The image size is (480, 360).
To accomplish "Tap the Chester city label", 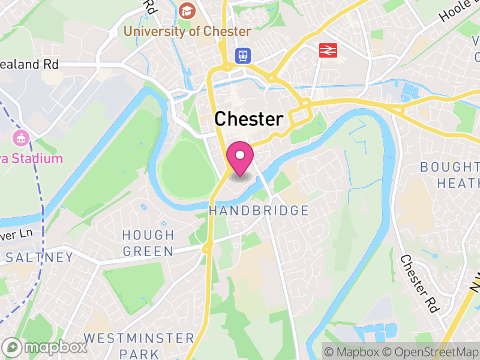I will [x=248, y=119].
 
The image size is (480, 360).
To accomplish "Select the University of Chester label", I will [x=187, y=31].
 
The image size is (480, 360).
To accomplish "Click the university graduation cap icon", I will [x=187, y=10].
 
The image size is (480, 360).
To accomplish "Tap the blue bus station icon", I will [x=243, y=55].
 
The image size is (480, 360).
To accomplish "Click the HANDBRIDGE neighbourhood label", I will [x=259, y=211].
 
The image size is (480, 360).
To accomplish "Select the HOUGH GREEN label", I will [x=148, y=243].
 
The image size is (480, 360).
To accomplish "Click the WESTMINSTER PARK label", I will [x=139, y=346].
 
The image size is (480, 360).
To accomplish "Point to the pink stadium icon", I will [x=21, y=138].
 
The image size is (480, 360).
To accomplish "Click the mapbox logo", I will [x=45, y=347].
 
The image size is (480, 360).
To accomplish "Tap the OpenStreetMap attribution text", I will [x=430, y=351].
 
